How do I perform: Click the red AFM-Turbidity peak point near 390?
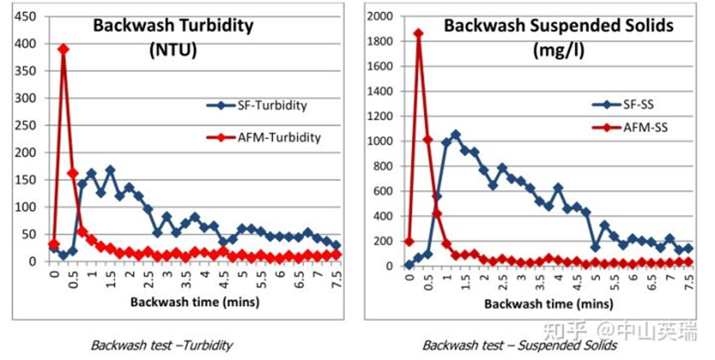point(63,49)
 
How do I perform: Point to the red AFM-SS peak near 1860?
point(419,33)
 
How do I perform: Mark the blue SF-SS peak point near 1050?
point(456,135)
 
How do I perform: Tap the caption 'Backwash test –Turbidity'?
point(162,345)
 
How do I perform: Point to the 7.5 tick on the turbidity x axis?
point(335,277)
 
